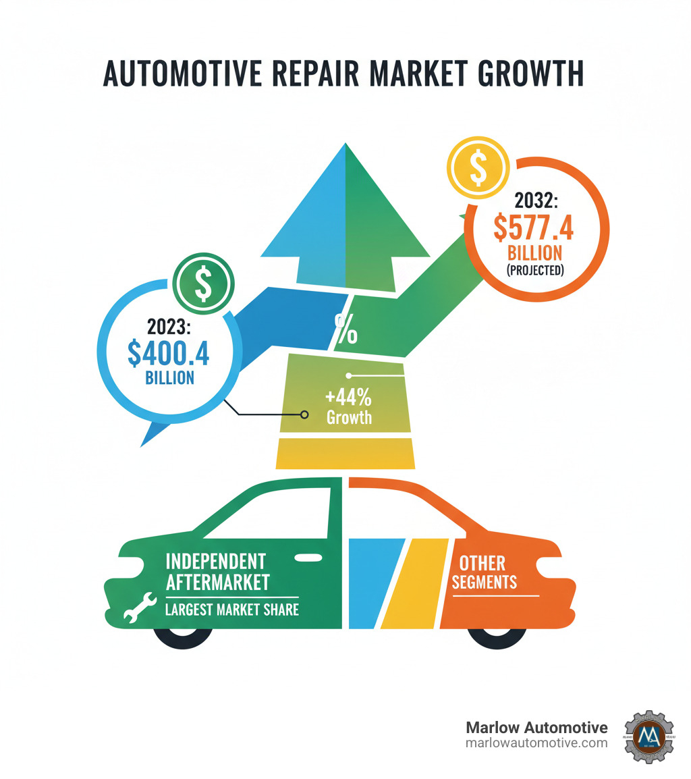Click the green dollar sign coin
(203, 284)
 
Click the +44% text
(349, 396)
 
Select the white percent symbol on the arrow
(346, 329)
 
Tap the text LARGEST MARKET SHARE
(232, 610)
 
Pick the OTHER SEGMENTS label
(483, 571)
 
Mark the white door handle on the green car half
(308, 558)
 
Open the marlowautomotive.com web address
(536, 743)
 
